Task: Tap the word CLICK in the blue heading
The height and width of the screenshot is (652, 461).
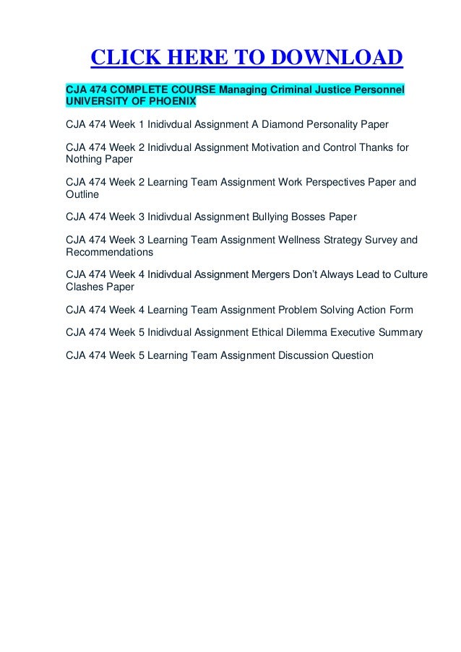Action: coord(124,57)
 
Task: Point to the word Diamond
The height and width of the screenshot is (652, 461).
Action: coord(285,124)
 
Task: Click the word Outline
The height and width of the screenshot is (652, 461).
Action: coord(82,194)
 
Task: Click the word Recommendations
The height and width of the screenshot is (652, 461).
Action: coord(109,252)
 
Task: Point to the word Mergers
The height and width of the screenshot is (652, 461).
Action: coord(274,275)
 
